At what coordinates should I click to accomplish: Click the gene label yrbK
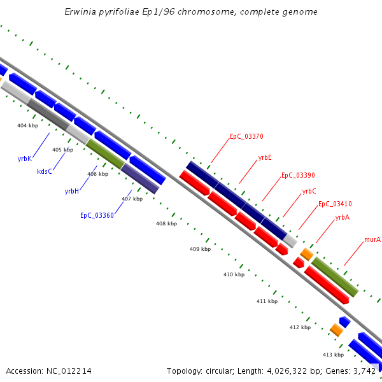24,159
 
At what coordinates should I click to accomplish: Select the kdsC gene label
45,171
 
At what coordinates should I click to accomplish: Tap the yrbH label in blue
72,191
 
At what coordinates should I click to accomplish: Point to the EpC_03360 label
97,215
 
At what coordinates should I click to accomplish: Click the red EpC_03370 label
246,136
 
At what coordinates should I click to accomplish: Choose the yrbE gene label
265,157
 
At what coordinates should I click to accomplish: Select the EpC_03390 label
298,175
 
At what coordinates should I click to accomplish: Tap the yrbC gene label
309,191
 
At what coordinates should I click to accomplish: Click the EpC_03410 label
335,204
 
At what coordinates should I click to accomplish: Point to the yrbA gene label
343,218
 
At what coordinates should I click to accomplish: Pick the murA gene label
372,240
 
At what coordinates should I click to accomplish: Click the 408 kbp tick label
167,224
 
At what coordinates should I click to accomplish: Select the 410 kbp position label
234,274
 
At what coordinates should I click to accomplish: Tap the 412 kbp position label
300,327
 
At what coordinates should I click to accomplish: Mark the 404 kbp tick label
27,126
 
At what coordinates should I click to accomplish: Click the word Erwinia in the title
80,12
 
